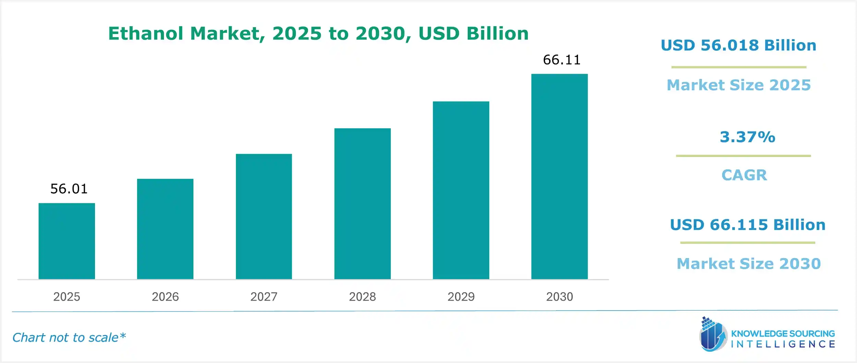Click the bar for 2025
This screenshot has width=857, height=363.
(x=67, y=241)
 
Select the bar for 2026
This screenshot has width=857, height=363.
(x=165, y=229)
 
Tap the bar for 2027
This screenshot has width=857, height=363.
(x=264, y=216)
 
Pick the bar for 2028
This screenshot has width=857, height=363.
(x=362, y=204)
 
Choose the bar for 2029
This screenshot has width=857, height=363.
(x=461, y=190)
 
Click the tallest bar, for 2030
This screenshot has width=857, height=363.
(x=559, y=177)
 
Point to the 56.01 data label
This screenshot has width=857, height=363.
(x=69, y=189)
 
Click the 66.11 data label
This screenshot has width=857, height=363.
(x=562, y=60)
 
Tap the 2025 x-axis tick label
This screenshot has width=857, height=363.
(x=67, y=297)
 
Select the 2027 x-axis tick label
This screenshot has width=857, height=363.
(x=264, y=297)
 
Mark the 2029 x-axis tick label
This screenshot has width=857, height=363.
(x=461, y=297)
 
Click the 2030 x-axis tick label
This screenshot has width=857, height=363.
(x=559, y=297)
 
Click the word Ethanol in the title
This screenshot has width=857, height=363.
(x=146, y=34)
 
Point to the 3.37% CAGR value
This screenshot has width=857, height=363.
(x=747, y=137)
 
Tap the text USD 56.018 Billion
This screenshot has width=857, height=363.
(x=738, y=46)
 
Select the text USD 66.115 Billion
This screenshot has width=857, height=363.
(x=748, y=225)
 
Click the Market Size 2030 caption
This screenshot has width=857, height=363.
(x=749, y=264)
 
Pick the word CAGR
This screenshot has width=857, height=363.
(x=744, y=175)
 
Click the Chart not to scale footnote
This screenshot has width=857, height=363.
(x=69, y=338)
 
